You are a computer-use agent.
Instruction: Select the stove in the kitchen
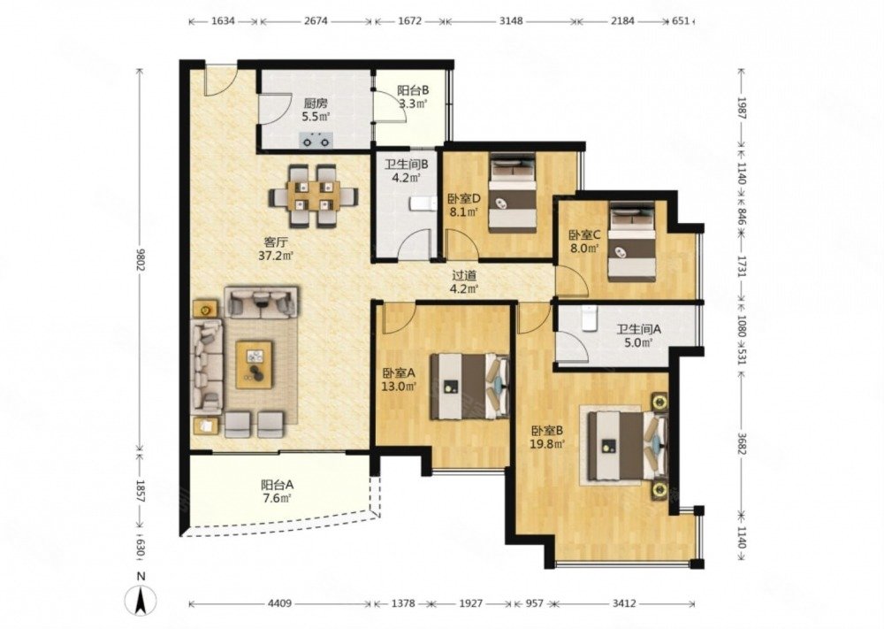[316, 138]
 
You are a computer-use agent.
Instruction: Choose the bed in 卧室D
[513, 194]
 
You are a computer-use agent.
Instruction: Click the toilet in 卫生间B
[423, 203]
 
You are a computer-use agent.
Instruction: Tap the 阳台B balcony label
[413, 89]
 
